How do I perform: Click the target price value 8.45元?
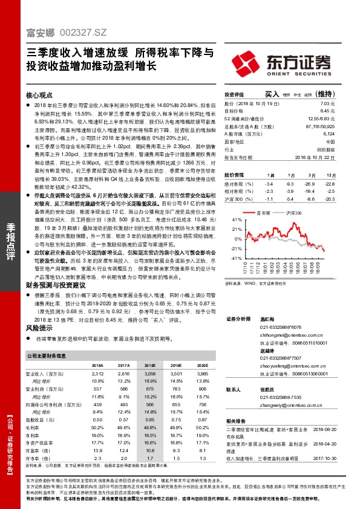pos(327,111)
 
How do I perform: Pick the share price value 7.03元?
pos(327,104)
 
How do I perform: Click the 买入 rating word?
pos(272,95)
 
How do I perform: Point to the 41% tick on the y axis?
pos(229,221)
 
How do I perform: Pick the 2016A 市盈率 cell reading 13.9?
pos(97,450)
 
